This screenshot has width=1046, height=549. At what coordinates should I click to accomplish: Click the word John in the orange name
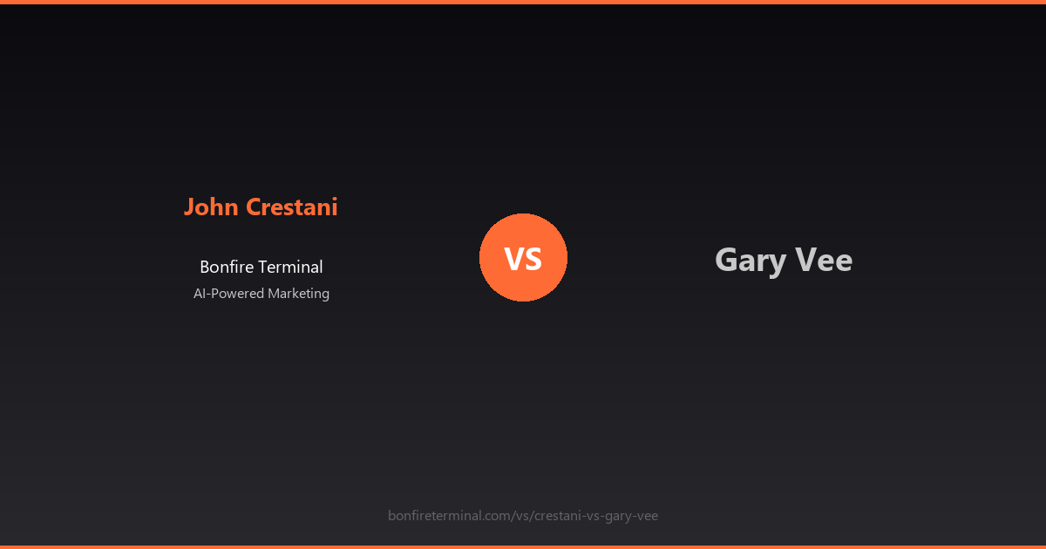(x=212, y=207)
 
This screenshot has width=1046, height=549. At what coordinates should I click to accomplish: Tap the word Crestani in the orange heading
(x=291, y=207)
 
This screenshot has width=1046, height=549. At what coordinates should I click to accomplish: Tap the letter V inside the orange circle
(x=513, y=259)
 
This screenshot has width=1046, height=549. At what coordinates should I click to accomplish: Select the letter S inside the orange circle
(x=533, y=259)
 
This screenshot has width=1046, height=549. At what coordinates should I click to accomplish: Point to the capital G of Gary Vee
(x=725, y=260)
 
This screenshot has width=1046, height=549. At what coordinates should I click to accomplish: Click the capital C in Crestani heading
(x=254, y=207)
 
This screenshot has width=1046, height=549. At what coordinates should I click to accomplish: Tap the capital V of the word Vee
(x=805, y=260)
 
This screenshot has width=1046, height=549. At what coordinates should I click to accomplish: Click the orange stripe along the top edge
(x=523, y=2)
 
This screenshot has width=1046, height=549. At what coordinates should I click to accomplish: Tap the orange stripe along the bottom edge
(x=523, y=546)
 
